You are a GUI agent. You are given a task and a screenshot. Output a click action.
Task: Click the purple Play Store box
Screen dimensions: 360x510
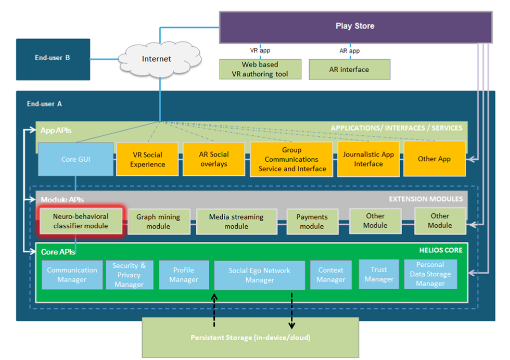pyautogui.click(x=355, y=27)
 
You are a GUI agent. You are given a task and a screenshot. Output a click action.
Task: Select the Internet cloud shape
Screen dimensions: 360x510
pyautogui.click(x=157, y=59)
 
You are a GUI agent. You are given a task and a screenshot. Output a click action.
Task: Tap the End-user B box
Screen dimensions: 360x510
pyautogui.click(x=53, y=58)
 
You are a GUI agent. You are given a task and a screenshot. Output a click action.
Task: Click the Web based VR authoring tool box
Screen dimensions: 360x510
pyautogui.click(x=260, y=69)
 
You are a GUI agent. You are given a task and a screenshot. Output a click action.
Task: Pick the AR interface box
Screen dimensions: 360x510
pyautogui.click(x=349, y=69)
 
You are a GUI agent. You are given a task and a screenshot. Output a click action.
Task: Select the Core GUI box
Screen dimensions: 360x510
pyautogui.click(x=75, y=159)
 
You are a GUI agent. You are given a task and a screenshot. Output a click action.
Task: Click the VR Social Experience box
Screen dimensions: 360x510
pyautogui.click(x=147, y=159)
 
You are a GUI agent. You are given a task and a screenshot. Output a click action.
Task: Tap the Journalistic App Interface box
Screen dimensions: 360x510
pyautogui.click(x=368, y=159)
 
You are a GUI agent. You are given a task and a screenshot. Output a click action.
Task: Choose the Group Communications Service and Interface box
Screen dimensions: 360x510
pyautogui.click(x=292, y=159)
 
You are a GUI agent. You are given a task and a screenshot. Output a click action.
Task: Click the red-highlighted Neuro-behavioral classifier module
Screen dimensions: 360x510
pyautogui.click(x=81, y=221)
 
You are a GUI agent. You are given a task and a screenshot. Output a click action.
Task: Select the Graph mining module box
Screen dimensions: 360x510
pyautogui.click(x=158, y=222)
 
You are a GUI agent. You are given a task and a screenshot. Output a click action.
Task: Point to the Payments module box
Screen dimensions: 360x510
pyautogui.click(x=312, y=222)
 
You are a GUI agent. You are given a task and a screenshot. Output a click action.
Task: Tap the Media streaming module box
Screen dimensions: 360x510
pyautogui.click(x=236, y=222)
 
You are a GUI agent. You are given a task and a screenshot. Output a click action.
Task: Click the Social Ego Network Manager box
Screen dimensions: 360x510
pyautogui.click(x=259, y=275)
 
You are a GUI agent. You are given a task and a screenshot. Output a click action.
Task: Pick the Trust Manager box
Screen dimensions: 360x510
pyautogui.click(x=379, y=274)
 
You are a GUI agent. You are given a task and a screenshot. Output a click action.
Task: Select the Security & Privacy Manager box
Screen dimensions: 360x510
pyautogui.click(x=129, y=275)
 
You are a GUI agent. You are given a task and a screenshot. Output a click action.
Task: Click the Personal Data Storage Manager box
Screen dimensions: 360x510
pyautogui.click(x=430, y=274)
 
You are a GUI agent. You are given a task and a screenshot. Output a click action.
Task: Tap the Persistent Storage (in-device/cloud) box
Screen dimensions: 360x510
pyautogui.click(x=250, y=337)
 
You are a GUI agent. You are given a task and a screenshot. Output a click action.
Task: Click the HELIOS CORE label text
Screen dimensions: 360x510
pyautogui.click(x=440, y=250)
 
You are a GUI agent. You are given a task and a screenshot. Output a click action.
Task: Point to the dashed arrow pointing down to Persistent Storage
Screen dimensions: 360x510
pyautogui.click(x=291, y=311)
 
